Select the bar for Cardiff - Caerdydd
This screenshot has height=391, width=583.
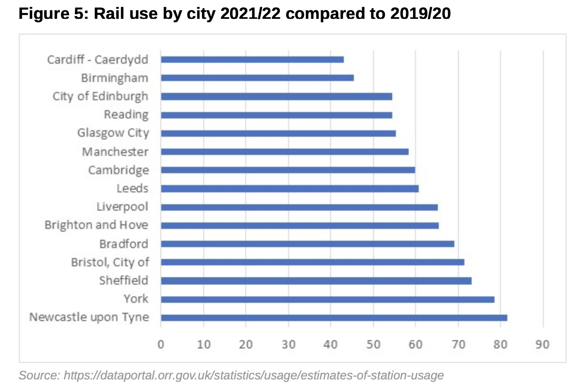coord(252,59)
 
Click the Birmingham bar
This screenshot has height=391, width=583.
coord(257,78)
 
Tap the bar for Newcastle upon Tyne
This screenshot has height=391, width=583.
coord(334,317)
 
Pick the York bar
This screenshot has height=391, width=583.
coord(327,299)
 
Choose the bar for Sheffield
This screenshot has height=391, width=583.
coord(316,281)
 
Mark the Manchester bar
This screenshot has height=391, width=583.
coord(285,151)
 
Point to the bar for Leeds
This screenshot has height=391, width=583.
coord(290,189)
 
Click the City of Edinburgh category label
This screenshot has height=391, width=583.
coord(100,96)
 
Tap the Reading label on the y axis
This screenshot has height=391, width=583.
coord(126,115)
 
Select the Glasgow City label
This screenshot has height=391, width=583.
coord(113,133)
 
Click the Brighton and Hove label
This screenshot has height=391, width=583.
coord(96,225)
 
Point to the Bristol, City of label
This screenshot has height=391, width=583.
coord(110,262)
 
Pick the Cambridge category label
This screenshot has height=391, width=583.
coord(119,170)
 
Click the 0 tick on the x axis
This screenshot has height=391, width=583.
coord(161,344)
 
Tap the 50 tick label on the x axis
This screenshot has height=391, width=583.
coord(373,344)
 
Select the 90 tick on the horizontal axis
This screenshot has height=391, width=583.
coord(542,344)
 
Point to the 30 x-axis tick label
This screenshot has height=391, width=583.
coord(289,344)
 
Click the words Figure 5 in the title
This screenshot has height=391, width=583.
coord(52,14)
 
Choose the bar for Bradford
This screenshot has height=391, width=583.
coord(307,244)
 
